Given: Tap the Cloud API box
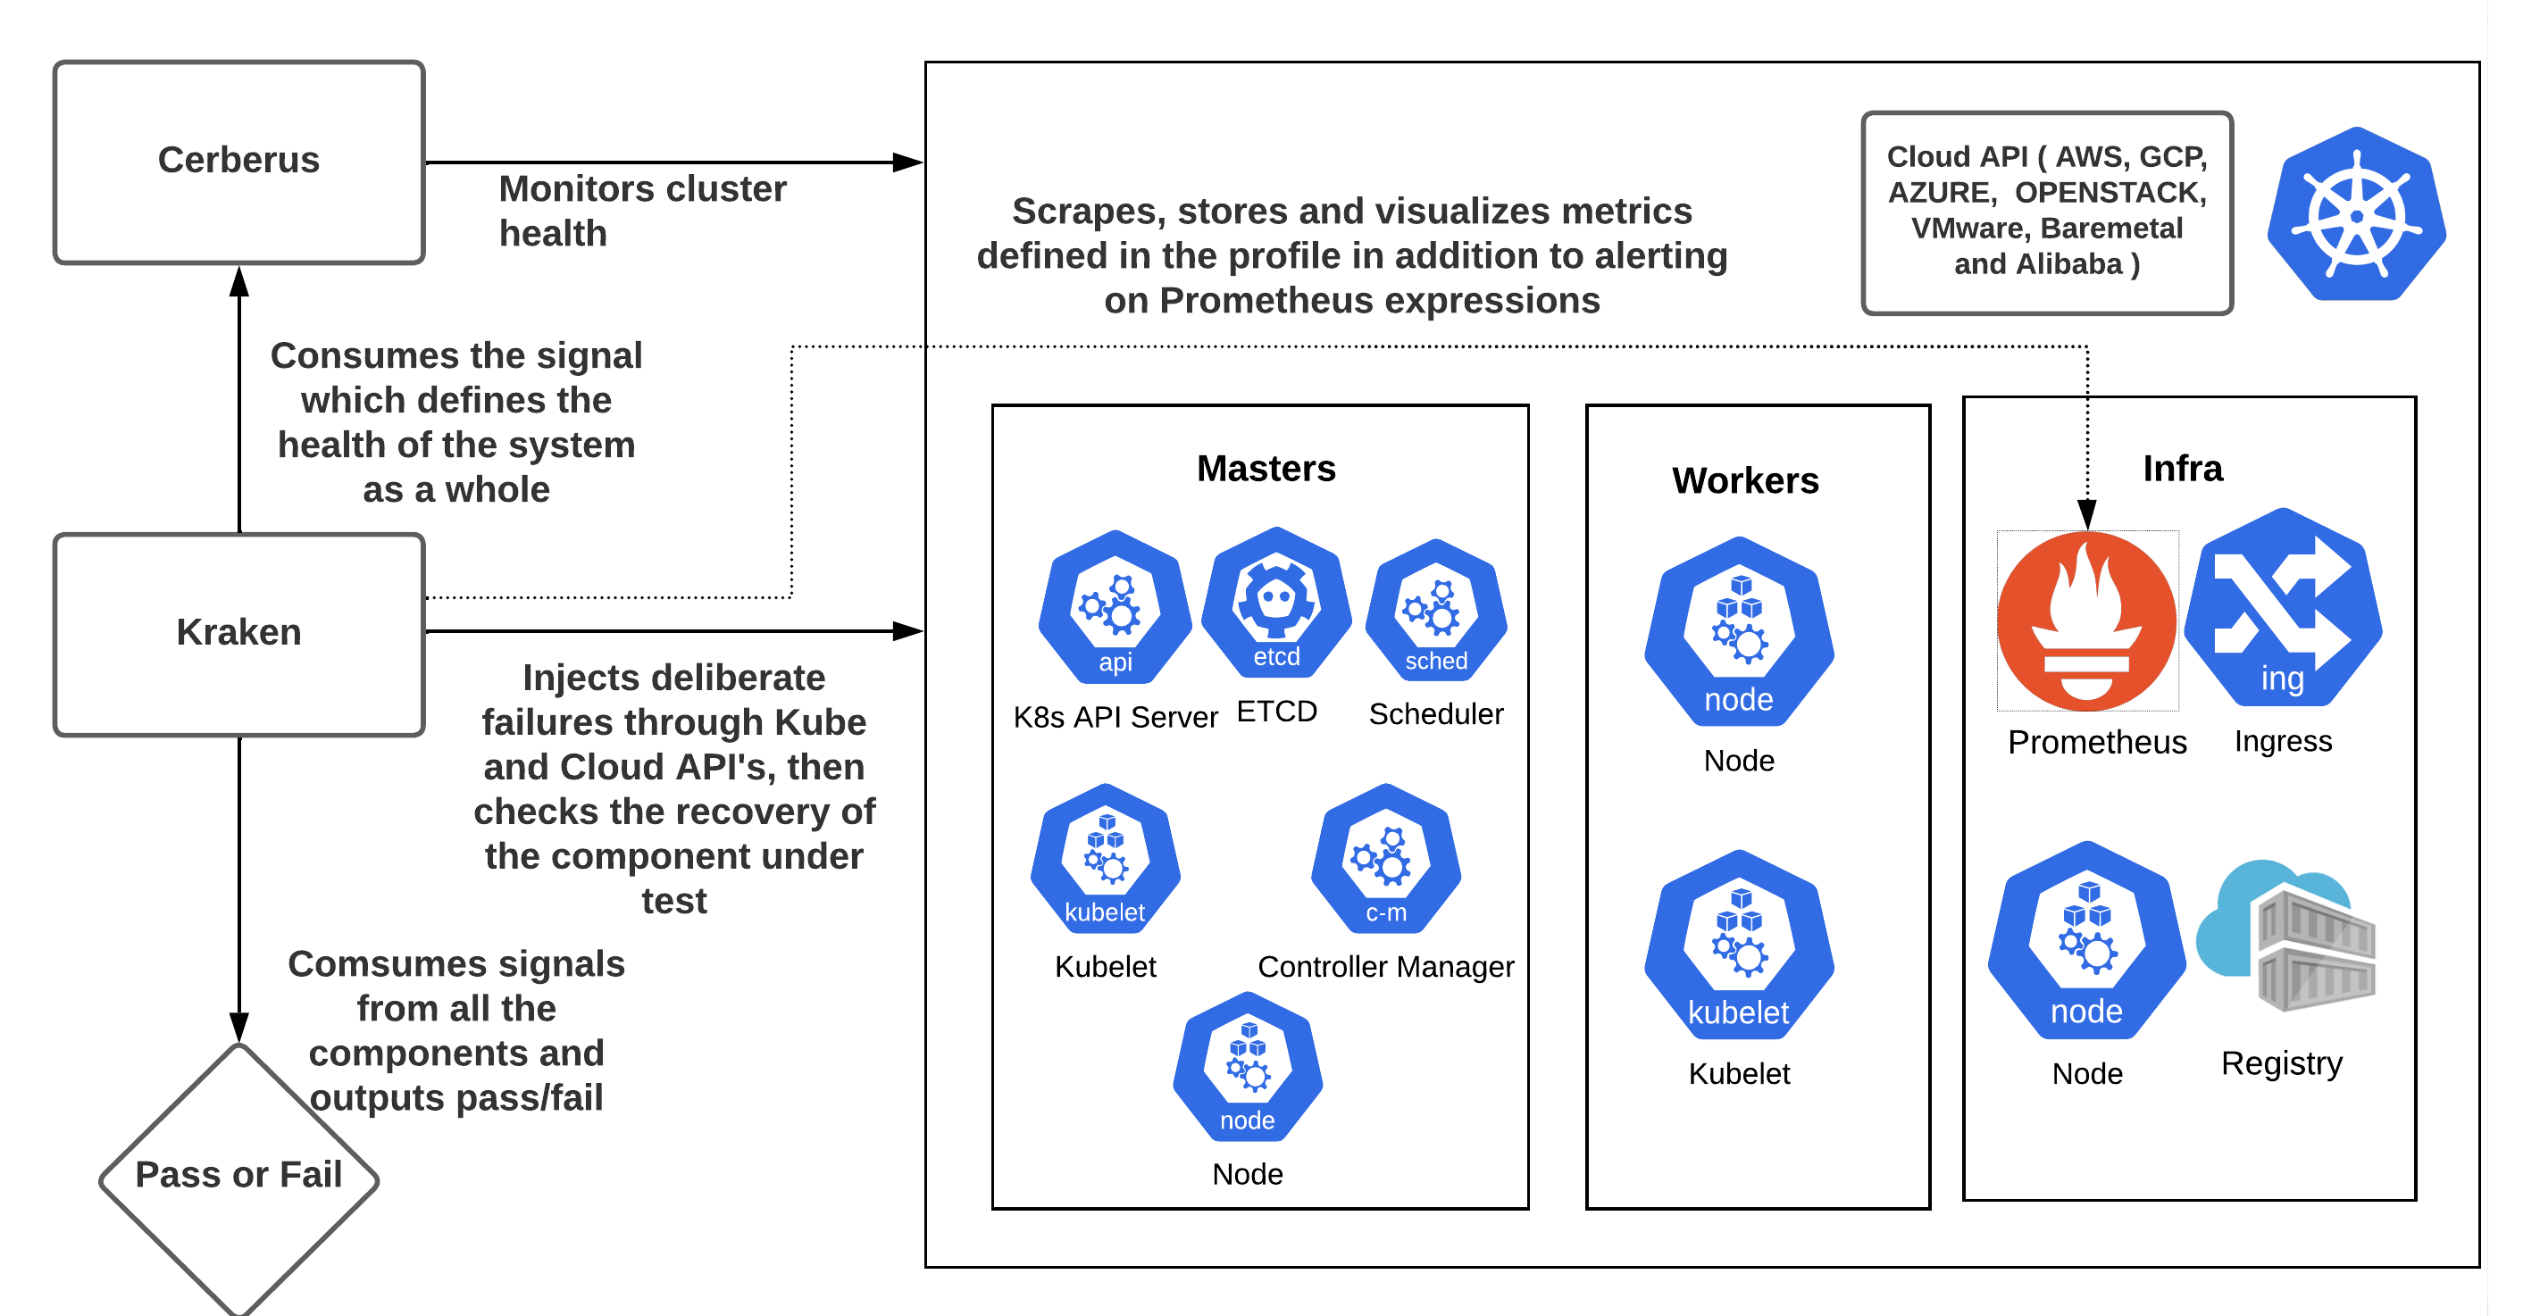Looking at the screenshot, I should pos(2046,212).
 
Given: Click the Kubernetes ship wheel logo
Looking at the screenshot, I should pos(2356,215).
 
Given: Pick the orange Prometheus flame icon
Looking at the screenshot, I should pos(2086,621).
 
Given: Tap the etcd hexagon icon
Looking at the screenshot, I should pos(1276,602).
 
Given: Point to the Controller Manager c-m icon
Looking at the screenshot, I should pos(1385,860).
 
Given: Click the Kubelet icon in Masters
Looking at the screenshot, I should pos(1106,860).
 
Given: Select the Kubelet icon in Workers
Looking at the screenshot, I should pos(1738,945).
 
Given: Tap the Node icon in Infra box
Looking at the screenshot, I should pos(2086,941).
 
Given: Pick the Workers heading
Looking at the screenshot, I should pos(1744,480).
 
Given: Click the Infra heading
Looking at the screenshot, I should pos(2182,468).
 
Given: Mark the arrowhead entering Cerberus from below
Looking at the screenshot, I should pos(238,280).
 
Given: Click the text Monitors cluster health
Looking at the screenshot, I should pos(641,211).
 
